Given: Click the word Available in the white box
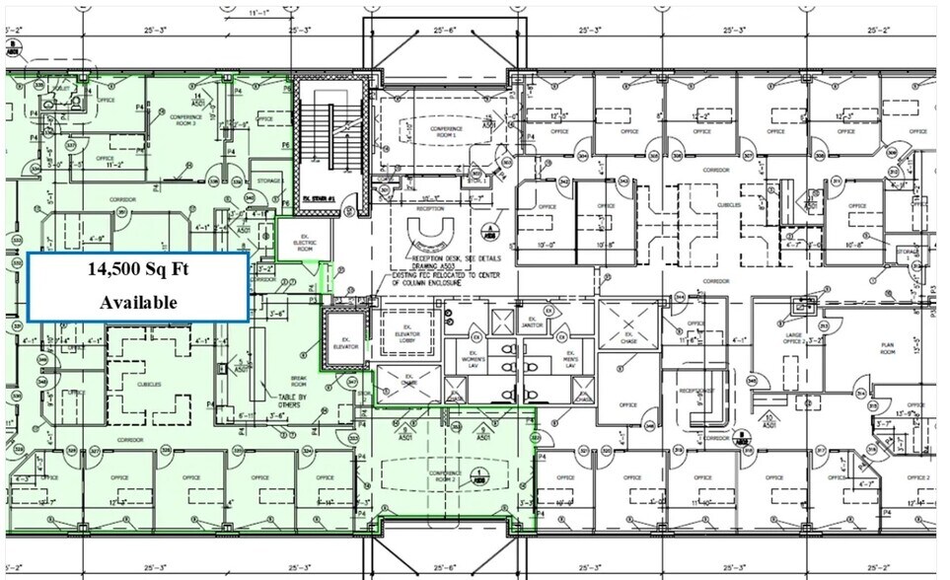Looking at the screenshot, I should pos(138,302).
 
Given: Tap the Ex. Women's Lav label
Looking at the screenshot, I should pos(480,357).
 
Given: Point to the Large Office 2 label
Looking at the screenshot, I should pos(791,340).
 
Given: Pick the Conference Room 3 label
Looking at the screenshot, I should pos(186,121).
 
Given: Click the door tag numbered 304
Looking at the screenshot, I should pos(583,155).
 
